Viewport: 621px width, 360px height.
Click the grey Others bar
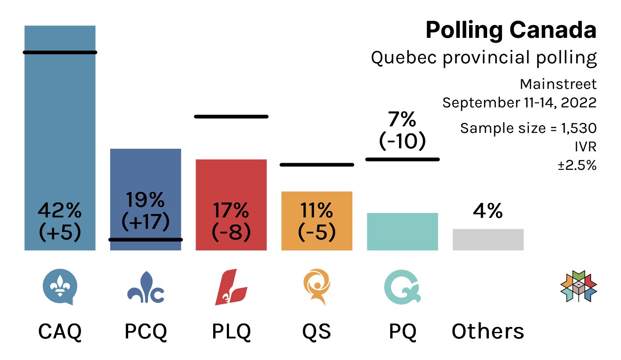click(488, 239)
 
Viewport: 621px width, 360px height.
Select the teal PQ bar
click(403, 231)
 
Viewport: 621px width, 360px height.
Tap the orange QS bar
click(317, 221)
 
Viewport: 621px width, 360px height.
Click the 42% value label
click(60, 212)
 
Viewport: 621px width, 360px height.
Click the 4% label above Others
click(488, 212)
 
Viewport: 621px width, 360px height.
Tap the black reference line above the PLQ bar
click(231, 117)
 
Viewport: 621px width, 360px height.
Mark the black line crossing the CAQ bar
click(60, 52)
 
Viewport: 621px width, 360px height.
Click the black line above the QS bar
click(317, 165)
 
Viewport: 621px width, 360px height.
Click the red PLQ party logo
click(231, 288)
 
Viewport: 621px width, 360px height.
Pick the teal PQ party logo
click(402, 288)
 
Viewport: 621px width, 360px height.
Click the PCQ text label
click(146, 331)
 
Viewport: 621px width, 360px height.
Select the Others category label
click(488, 331)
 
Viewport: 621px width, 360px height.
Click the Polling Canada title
click(511, 31)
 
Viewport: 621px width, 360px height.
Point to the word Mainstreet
click(558, 84)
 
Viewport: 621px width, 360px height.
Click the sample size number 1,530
click(579, 129)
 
